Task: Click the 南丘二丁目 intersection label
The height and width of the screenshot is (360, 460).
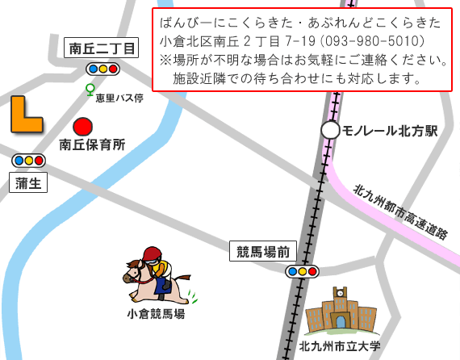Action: (102, 49)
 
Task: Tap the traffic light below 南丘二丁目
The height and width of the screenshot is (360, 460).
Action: (102, 69)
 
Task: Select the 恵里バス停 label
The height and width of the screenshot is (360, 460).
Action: (119, 98)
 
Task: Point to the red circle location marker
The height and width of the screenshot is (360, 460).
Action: (82, 127)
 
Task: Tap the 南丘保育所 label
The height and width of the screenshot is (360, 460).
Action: (92, 145)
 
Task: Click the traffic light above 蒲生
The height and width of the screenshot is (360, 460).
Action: (28, 161)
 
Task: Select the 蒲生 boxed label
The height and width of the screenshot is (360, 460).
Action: (29, 183)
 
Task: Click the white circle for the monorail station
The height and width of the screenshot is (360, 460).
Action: (330, 130)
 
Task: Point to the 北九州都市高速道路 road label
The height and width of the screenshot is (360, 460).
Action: (400, 212)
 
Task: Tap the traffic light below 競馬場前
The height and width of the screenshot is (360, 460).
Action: (301, 271)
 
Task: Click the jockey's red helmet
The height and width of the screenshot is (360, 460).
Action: (152, 253)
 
